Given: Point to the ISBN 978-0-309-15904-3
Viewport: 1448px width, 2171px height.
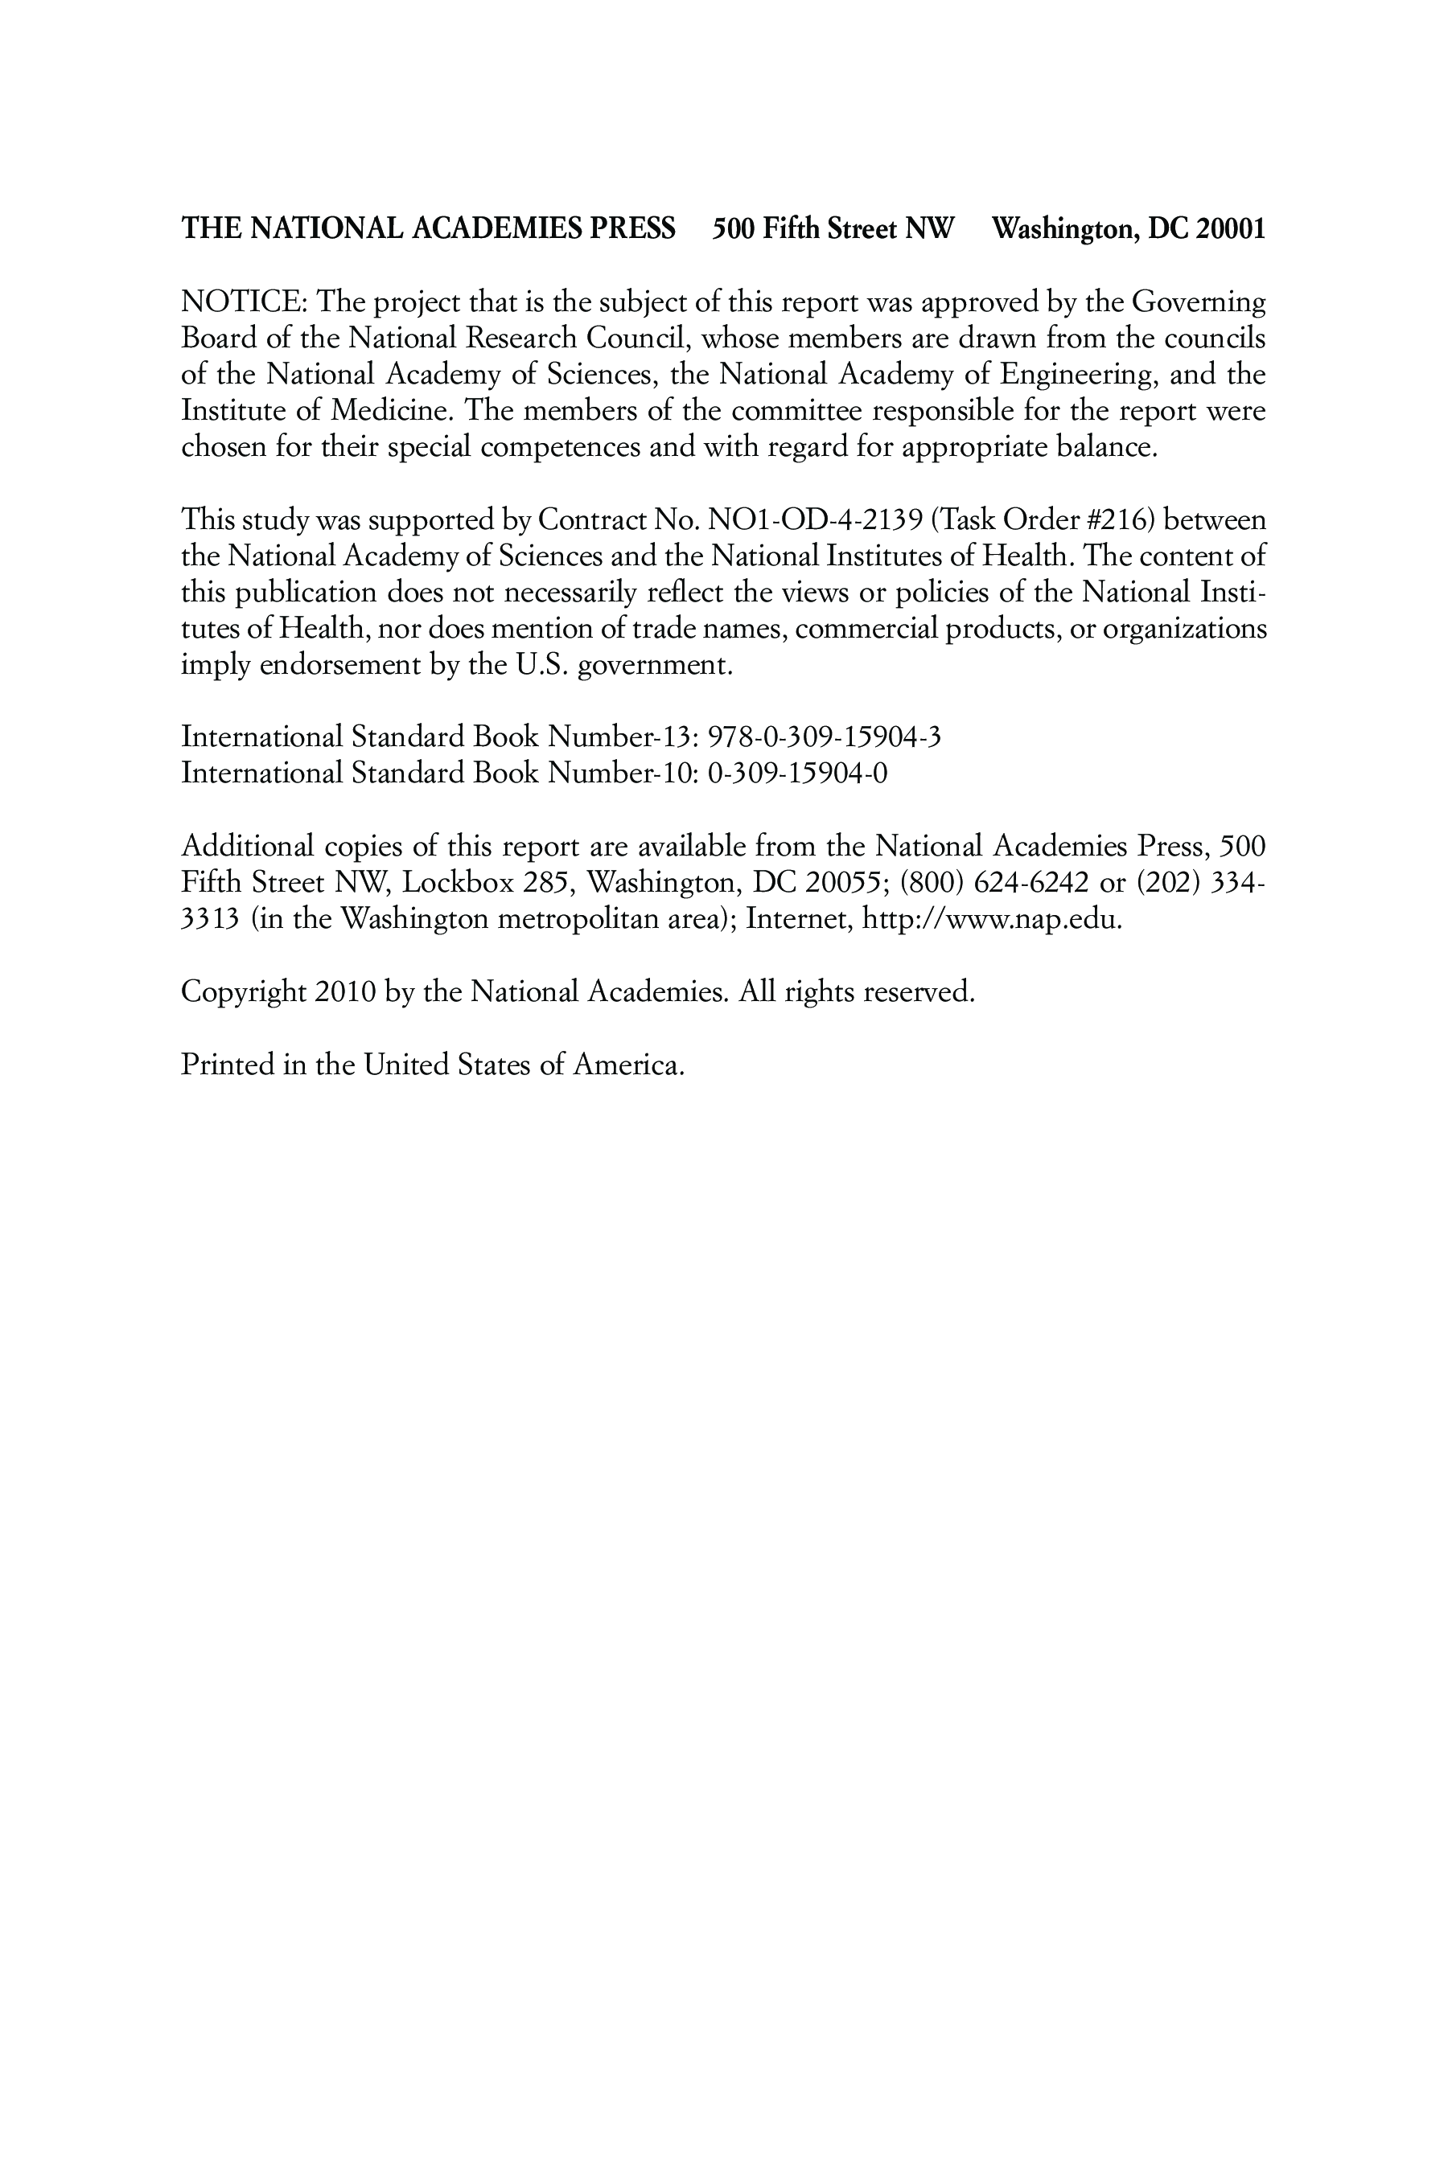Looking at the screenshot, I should (824, 737).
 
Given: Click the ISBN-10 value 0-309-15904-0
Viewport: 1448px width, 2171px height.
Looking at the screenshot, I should (797, 773).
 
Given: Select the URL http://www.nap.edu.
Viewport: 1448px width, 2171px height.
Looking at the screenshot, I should (990, 919).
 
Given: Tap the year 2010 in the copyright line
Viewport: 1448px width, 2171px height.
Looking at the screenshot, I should (345, 991).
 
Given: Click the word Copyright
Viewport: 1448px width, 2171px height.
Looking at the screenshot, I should (243, 991).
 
